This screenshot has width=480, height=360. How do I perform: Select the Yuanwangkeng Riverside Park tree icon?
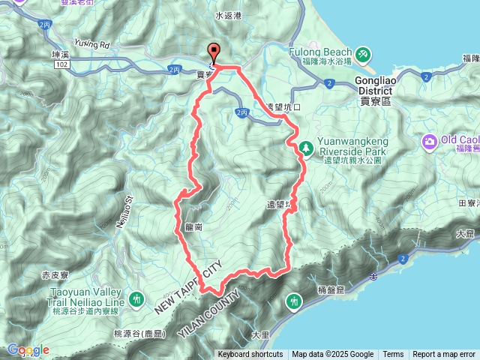point(306,148)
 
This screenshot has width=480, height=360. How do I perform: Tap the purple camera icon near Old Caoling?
point(430,140)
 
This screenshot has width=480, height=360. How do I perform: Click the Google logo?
point(28,349)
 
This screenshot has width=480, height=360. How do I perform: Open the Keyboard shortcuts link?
point(250,355)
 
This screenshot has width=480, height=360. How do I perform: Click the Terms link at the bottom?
point(393,355)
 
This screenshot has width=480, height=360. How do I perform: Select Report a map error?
point(444,355)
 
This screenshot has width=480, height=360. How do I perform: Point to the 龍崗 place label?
point(193,226)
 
